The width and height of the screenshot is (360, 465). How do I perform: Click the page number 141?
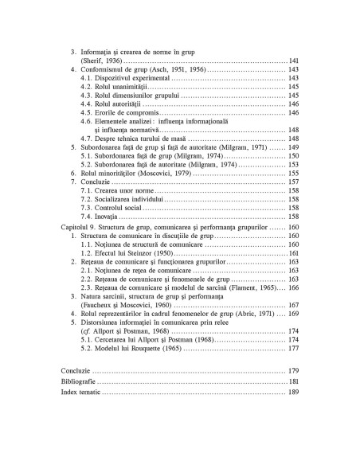(x=293, y=61)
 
